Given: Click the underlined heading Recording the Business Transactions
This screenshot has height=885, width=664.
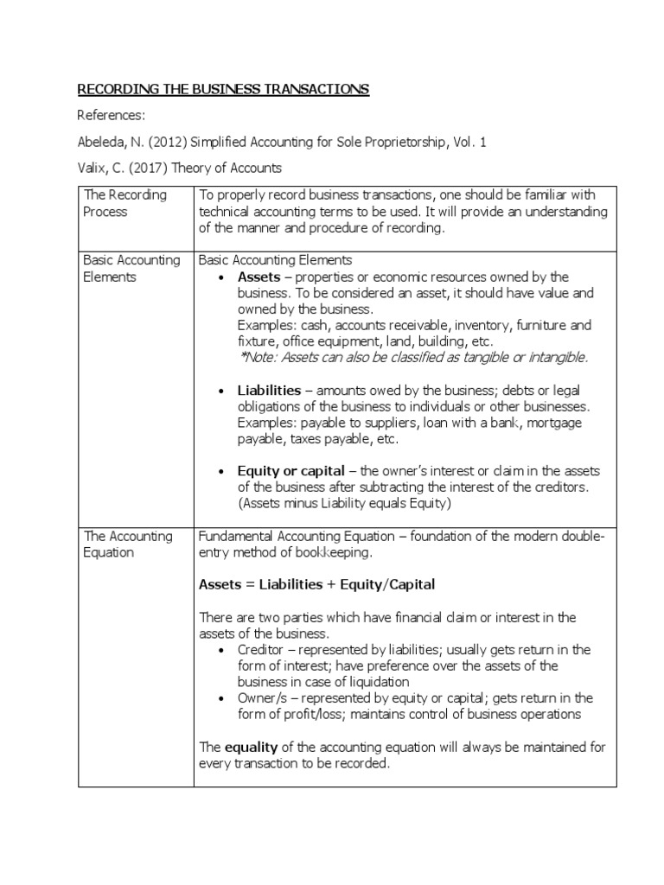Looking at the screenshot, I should click(224, 89).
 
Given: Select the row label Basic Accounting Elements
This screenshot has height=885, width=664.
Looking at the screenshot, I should click(131, 269).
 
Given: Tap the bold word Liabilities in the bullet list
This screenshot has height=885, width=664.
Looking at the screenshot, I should click(269, 391).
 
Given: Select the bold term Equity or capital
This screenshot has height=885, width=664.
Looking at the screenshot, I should click(290, 470).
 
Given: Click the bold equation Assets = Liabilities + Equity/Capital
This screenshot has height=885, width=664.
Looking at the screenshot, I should click(316, 585).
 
